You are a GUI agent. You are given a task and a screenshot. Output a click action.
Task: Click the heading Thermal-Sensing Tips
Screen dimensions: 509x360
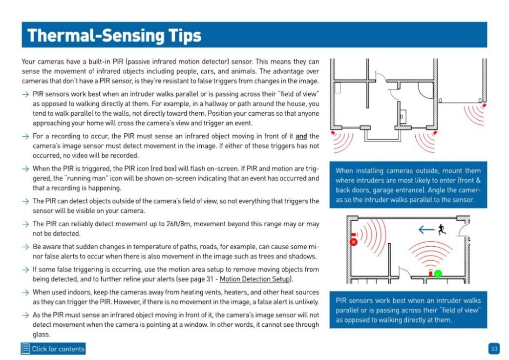(x=114, y=35)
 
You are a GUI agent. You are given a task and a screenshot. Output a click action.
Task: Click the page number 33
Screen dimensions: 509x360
(x=494, y=349)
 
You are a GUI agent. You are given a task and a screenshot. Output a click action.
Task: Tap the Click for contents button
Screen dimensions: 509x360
(x=53, y=349)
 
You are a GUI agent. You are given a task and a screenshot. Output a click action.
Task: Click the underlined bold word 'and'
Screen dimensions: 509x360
(x=301, y=136)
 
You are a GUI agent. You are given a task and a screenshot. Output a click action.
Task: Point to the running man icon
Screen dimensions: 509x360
(x=441, y=229)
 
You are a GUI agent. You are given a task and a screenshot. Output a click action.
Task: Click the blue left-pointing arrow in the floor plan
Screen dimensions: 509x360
(x=426, y=230)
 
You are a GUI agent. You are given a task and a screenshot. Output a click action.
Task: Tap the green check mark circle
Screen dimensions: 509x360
(x=438, y=274)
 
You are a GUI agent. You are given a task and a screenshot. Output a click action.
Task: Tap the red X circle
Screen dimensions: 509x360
(x=354, y=242)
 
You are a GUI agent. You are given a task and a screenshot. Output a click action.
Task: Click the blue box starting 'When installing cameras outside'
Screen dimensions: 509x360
(x=408, y=185)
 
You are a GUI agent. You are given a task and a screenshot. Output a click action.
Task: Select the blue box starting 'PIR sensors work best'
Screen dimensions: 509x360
(x=408, y=310)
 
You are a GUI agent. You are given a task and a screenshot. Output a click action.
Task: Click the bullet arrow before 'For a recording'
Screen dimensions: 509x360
(x=25, y=136)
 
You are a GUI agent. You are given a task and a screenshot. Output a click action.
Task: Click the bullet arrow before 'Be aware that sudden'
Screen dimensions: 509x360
(x=25, y=247)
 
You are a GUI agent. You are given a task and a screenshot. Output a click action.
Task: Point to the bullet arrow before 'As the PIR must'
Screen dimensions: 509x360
(x=25, y=315)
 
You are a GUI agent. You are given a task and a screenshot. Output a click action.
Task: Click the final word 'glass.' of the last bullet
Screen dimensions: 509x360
(x=41, y=334)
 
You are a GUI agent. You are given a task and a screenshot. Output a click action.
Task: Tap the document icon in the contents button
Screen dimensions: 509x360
(x=25, y=349)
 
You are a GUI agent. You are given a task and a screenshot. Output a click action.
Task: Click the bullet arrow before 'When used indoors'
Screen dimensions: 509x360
(x=25, y=292)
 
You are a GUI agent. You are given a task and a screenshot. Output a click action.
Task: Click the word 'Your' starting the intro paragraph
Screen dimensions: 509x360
(x=28, y=62)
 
